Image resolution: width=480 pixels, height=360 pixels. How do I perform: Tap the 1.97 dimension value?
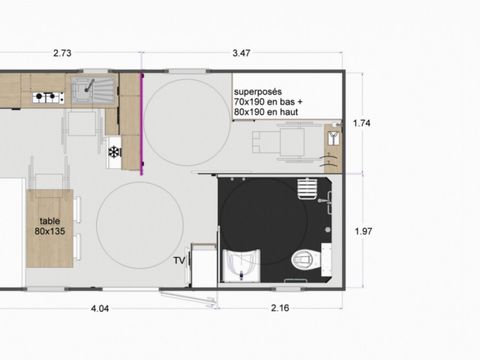click(364, 230)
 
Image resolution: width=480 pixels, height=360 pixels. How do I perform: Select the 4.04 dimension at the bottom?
click(100, 308)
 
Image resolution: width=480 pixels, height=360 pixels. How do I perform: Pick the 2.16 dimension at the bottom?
click(281, 308)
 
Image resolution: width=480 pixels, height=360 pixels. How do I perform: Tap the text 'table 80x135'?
click(50, 225)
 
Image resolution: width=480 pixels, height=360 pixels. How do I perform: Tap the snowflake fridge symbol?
click(114, 151)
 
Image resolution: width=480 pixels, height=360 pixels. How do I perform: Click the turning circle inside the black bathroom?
click(254, 215)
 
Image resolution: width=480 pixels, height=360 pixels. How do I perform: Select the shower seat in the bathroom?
click(241, 262)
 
